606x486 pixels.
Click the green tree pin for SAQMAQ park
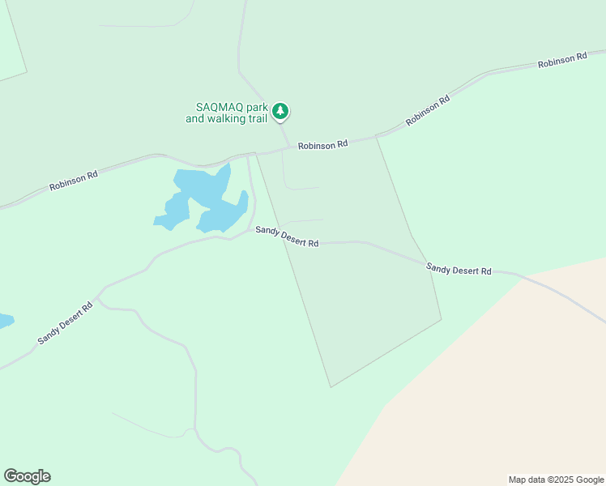click(x=280, y=111)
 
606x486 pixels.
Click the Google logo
click(x=27, y=476)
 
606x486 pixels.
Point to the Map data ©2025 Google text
click(x=555, y=480)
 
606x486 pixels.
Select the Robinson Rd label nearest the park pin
click(x=322, y=145)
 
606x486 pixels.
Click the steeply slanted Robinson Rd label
click(x=428, y=112)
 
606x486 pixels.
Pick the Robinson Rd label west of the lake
click(x=74, y=179)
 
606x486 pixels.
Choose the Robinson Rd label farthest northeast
click(x=562, y=61)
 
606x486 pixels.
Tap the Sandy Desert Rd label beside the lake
click(x=287, y=237)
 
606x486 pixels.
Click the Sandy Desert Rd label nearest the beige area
click(x=459, y=268)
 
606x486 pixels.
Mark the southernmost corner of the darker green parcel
click(x=331, y=386)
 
